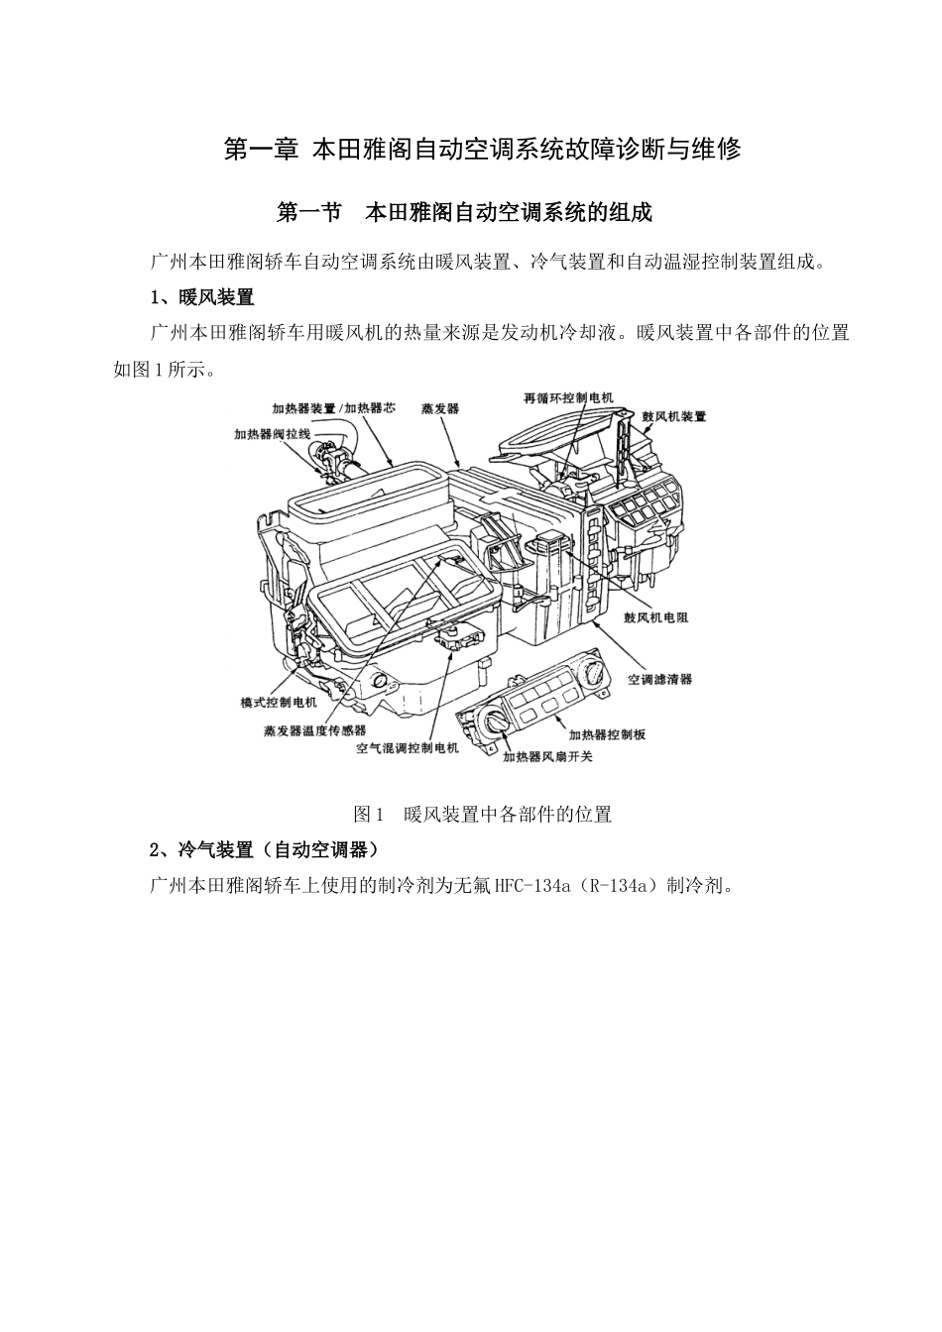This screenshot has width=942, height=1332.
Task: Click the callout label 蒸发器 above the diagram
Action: pyautogui.click(x=439, y=408)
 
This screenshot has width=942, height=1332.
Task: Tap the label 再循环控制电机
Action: pyautogui.click(x=568, y=397)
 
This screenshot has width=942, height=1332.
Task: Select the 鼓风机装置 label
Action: pyautogui.click(x=674, y=417)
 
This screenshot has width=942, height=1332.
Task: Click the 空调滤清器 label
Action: pyautogui.click(x=660, y=679)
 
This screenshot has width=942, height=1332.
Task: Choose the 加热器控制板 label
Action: pyautogui.click(x=607, y=734)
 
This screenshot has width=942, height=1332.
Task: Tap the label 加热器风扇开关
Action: pyautogui.click(x=547, y=756)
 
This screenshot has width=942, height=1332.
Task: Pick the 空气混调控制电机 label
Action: pyautogui.click(x=408, y=748)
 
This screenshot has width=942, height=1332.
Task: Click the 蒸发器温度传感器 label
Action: pyautogui.click(x=314, y=730)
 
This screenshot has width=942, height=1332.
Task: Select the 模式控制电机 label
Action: pyautogui.click(x=279, y=702)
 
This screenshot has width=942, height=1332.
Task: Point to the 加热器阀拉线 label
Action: pyautogui.click(x=273, y=434)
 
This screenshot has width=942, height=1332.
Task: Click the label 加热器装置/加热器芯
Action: pyautogui.click(x=333, y=407)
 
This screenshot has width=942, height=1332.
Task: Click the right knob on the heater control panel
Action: pyautogui.click(x=594, y=673)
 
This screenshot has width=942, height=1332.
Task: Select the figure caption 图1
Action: pyautogui.click(x=369, y=815)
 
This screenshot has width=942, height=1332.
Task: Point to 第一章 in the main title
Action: pyautogui.click(x=261, y=150)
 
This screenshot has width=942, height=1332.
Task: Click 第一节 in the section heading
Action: pyautogui.click(x=309, y=212)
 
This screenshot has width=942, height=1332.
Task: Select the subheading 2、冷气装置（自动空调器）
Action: pyautogui.click(x=263, y=850)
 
